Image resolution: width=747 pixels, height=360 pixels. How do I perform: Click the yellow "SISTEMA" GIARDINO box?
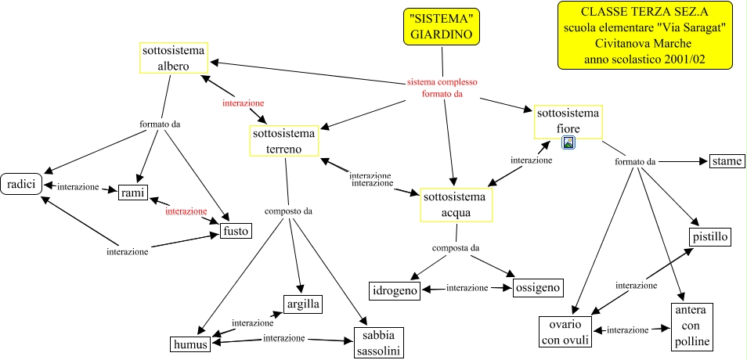[442, 27]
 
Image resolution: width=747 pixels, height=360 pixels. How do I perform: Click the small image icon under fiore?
[569, 142]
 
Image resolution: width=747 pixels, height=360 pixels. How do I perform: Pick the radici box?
[20, 184]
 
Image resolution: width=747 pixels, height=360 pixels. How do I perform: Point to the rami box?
[133, 193]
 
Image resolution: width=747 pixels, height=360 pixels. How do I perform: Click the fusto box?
[235, 232]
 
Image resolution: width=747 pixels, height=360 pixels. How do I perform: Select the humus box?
[191, 344]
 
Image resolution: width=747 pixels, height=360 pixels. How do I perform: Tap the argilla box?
[302, 304]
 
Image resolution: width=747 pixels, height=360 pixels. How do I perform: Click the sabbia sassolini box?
[379, 343]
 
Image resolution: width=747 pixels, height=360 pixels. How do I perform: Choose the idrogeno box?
[395, 290]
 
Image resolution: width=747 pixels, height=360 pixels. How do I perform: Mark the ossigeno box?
[538, 288]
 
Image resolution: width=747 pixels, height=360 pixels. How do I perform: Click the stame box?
[726, 162]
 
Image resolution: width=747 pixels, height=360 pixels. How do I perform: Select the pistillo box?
[710, 236]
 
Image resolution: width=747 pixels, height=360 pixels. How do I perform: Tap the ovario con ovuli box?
[565, 332]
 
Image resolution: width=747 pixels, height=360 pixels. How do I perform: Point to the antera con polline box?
[691, 326]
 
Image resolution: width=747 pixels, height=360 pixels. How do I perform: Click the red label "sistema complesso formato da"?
[442, 88]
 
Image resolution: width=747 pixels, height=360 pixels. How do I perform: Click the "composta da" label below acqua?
[456, 248]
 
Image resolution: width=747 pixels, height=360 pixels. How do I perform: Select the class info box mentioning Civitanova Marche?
[644, 36]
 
